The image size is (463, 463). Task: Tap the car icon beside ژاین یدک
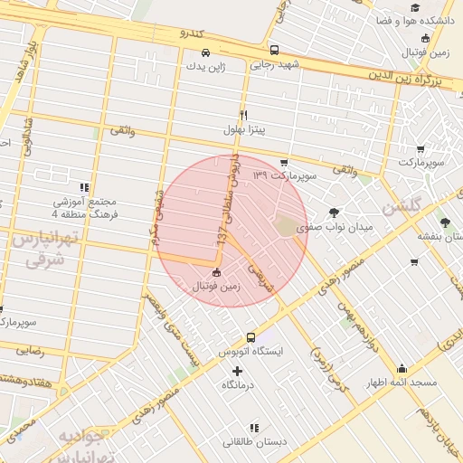click(x=206, y=52)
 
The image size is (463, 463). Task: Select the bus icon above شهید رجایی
click(x=274, y=51)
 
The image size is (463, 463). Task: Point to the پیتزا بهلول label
click(x=242, y=129)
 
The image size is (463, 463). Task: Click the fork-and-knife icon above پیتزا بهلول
click(x=242, y=115)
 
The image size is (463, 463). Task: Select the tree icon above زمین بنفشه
click(x=443, y=222)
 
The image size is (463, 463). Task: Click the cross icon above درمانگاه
click(x=238, y=371)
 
